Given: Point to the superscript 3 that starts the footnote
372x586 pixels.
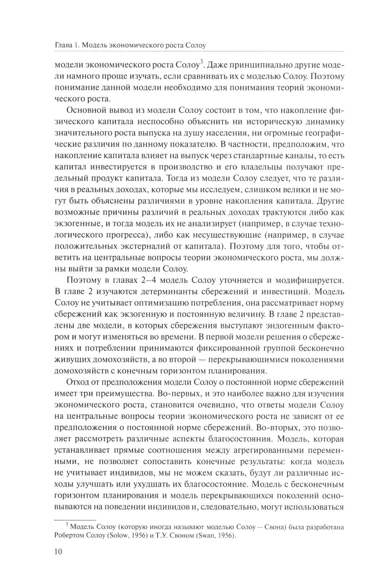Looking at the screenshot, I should [x=67, y=524].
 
